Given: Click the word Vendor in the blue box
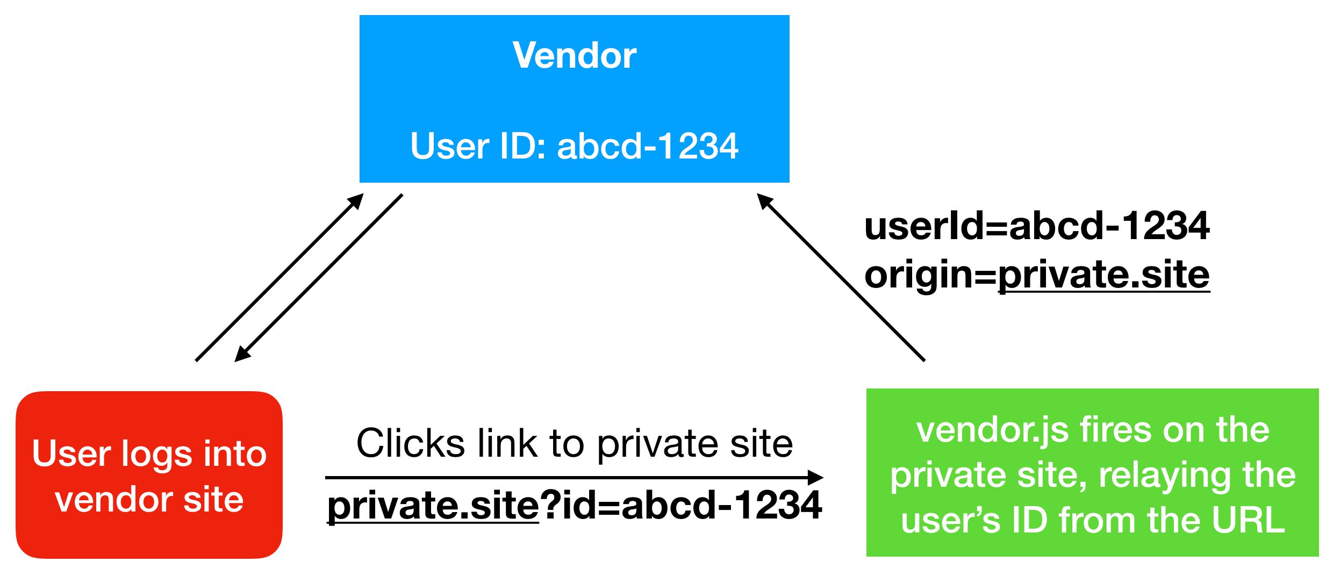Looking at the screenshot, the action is coord(574,55).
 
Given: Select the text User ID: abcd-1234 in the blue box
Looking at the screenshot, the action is coord(574,146).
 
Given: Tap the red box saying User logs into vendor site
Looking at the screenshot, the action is coord(149,475).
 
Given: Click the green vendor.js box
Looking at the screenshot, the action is coord(1092,473).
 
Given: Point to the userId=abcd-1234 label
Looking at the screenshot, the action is coord(1037,226).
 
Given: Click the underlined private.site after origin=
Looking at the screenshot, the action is coord(1103,275).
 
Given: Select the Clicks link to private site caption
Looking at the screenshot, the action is coord(574,444).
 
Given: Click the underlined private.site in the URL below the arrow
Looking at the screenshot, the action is coord(433,505).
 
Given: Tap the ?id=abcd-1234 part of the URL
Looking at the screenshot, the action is coord(681,505).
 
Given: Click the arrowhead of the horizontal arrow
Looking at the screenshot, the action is coord(816,477).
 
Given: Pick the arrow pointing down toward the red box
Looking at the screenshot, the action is coord(318,278).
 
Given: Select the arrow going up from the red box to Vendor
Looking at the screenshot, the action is coord(279,277).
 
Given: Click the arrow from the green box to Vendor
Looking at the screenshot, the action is coord(841,277).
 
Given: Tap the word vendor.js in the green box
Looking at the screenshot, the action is coord(992,431).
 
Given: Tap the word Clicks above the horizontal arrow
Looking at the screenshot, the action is coord(411,444).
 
